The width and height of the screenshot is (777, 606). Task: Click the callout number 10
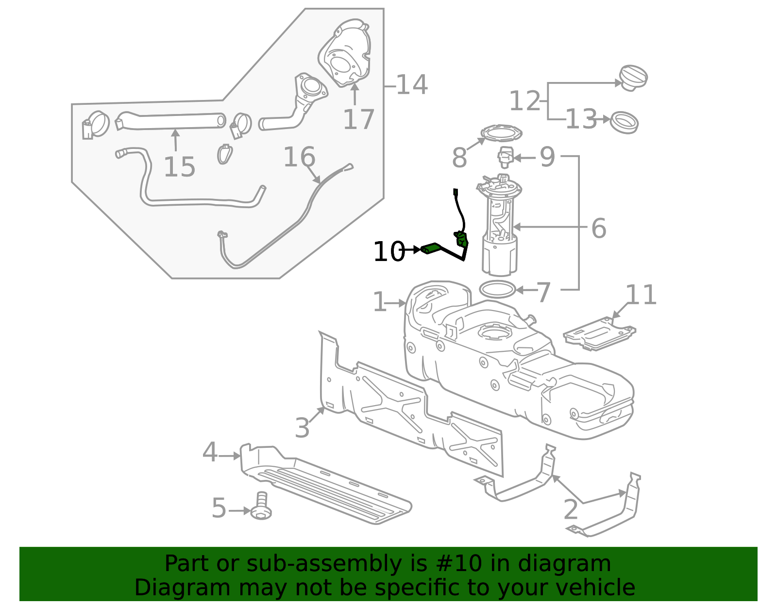click(388, 252)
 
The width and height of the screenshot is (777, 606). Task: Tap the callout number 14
click(412, 85)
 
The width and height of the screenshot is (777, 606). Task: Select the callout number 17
click(358, 119)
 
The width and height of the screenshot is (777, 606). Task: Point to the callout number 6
click(599, 228)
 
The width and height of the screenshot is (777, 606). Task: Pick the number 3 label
click(302, 428)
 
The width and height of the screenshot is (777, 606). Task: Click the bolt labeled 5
click(261, 508)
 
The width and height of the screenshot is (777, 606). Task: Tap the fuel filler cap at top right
click(633, 78)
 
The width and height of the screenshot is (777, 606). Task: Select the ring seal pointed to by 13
click(624, 122)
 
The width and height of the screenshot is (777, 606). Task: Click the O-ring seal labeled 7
click(497, 290)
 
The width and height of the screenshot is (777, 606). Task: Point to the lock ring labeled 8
click(501, 132)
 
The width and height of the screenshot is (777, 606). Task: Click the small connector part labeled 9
click(505, 157)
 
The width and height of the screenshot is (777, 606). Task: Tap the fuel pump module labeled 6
click(500, 228)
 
